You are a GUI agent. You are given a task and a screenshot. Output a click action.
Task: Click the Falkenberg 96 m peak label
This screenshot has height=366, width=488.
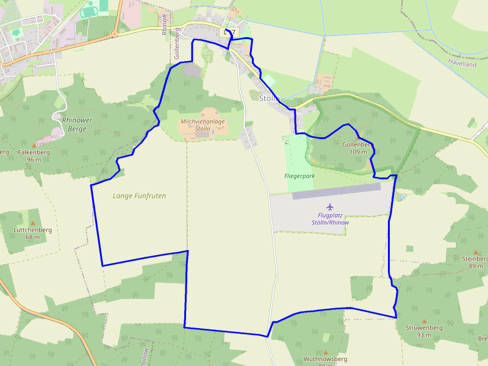(x=34, y=156)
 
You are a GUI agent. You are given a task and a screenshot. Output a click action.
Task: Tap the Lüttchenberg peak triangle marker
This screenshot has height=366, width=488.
(x=32, y=223)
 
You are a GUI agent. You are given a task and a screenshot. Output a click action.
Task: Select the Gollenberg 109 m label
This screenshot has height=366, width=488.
(x=357, y=148)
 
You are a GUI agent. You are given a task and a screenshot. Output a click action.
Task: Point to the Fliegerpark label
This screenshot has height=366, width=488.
(x=299, y=176)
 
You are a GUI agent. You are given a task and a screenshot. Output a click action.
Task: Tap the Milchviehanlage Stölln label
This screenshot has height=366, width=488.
(x=203, y=125)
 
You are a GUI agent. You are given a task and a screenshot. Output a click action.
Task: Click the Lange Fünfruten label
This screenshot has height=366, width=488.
(x=139, y=196)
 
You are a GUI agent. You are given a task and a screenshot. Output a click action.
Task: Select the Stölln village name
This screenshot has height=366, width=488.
(x=269, y=98)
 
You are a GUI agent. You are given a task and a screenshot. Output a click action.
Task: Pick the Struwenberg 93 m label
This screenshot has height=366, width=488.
(x=424, y=331)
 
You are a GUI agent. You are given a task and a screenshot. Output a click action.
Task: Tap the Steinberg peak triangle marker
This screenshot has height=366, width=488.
(x=476, y=251)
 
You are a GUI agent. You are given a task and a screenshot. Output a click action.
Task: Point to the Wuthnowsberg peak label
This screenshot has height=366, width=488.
(x=325, y=359)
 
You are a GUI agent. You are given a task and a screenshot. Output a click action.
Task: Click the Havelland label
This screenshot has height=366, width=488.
(x=462, y=63)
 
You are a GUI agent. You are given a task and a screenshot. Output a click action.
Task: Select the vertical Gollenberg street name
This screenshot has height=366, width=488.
(x=178, y=43)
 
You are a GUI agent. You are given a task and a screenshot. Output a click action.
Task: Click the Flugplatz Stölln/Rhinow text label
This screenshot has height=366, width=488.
(x=330, y=218)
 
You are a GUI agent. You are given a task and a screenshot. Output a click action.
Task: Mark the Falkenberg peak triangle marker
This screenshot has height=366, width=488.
(x=34, y=145)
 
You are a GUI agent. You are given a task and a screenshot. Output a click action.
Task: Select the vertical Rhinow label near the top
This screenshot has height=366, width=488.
(x=165, y=24)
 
